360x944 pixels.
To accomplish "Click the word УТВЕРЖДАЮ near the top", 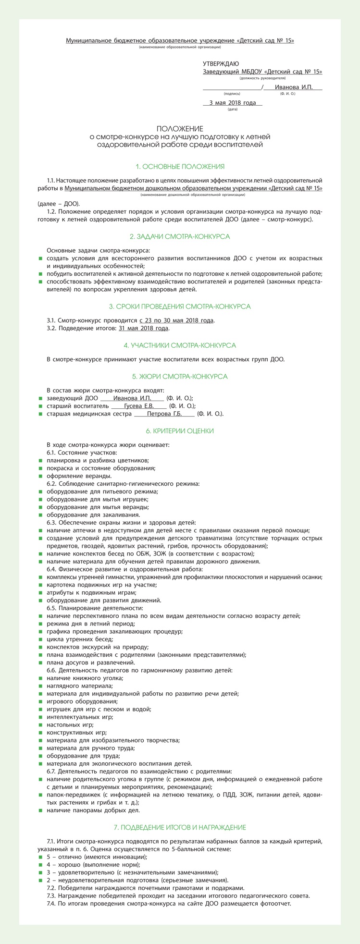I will click(x=221, y=64).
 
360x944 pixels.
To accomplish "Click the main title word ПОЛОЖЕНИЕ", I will click(x=180, y=129).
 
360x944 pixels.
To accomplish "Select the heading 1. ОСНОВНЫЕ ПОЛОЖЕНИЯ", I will click(x=180, y=167).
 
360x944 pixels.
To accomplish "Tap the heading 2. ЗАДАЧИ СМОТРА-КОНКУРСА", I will click(x=180, y=237).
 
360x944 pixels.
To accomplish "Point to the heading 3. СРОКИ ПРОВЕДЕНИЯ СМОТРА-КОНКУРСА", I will click(x=180, y=306).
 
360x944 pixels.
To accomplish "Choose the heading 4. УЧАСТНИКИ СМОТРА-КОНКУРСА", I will click(x=180, y=345).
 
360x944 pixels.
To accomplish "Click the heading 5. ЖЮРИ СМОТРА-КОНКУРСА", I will click(x=180, y=376).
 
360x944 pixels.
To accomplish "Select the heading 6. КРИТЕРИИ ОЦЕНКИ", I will click(x=180, y=431).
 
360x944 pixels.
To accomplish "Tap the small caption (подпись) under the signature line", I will click(x=232, y=94).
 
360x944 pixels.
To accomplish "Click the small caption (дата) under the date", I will click(x=233, y=110).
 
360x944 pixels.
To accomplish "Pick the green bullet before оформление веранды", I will click(x=41, y=476).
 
